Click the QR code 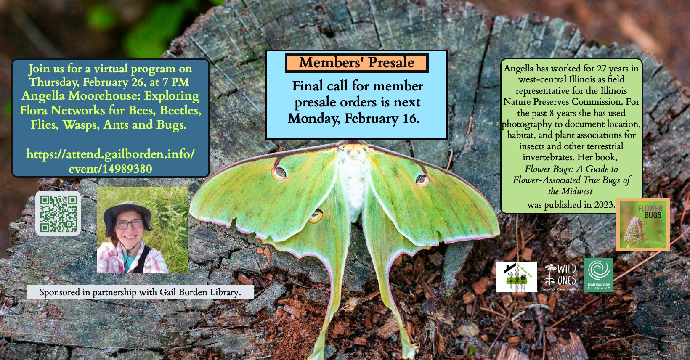coord(58,213)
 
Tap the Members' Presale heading coord(356,63)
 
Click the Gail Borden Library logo coord(599,275)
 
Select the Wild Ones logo coord(560,277)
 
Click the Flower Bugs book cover coord(643,225)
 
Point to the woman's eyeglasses coord(129,224)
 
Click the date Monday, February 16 coord(353,119)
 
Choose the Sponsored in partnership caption coord(140,292)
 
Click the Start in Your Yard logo coord(516,277)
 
